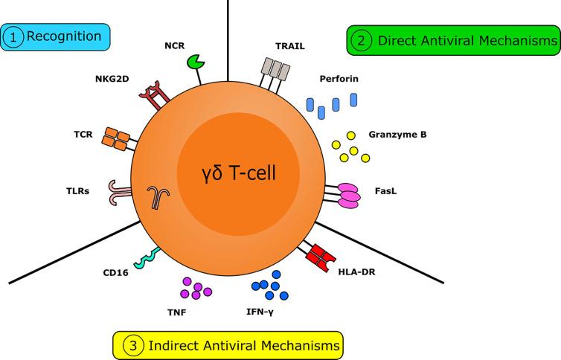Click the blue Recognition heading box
click(x=56, y=36)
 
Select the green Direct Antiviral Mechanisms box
click(x=454, y=42)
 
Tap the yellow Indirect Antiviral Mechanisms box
click(x=227, y=345)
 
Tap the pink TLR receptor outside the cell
click(x=118, y=191)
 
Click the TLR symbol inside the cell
click(x=156, y=197)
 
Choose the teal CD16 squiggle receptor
click(x=142, y=257)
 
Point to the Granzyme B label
click(x=397, y=135)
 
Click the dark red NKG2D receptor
click(x=152, y=93)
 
